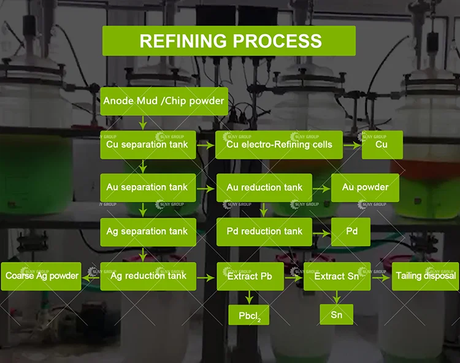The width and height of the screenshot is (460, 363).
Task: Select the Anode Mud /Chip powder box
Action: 164,101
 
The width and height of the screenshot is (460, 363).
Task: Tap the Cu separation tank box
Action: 148,145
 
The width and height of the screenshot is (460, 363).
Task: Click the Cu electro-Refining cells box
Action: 279,145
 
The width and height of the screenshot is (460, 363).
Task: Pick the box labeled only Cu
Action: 381,145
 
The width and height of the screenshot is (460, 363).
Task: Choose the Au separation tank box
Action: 148,188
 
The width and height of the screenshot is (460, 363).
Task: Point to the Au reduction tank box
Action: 264,188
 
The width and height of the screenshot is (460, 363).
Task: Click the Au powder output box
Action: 365,188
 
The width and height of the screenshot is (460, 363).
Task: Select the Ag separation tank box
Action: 148,231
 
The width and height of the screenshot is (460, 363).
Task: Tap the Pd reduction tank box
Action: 264,231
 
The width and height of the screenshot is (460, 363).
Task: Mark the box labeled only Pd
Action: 351,232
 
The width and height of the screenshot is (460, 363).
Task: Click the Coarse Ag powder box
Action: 42,276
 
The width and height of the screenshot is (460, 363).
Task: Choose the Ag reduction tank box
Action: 148,276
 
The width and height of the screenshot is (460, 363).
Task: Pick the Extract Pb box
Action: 249,276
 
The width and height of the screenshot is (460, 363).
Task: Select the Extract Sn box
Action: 336,276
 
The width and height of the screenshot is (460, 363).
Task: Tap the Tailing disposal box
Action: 425,276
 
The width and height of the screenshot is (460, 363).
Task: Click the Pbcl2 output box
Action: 249,315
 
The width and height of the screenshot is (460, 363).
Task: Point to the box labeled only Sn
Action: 336,315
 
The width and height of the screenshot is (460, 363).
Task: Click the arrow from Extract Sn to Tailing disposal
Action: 381,277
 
